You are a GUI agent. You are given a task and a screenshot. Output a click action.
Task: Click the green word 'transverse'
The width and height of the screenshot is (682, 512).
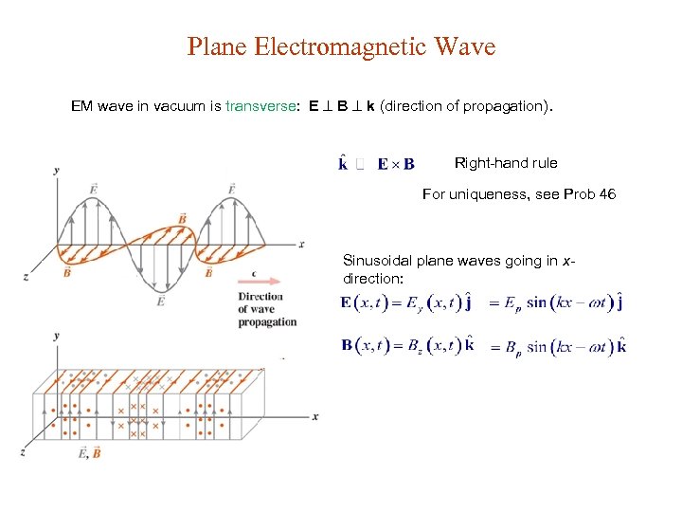tap(260, 107)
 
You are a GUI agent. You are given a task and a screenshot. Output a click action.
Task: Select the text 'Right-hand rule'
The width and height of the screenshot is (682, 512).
tap(506, 163)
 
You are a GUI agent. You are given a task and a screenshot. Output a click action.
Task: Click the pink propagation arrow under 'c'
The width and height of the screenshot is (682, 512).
tap(260, 282)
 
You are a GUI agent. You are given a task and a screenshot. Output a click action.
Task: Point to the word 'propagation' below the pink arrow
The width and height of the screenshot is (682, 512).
tap(267, 322)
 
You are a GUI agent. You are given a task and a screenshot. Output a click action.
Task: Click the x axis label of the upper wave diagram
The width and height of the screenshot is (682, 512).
tap(301, 244)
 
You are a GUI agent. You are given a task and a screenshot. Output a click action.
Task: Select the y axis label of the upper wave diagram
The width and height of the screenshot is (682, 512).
tap(57, 170)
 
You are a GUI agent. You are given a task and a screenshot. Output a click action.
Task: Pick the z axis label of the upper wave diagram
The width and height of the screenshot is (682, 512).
tap(26, 276)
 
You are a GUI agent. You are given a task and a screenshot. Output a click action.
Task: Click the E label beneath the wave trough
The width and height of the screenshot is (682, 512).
tap(161, 301)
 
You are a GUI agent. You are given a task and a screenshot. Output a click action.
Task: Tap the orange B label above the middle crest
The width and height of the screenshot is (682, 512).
tap(182, 219)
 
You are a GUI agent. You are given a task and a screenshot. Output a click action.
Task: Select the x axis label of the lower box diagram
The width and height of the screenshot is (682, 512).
tap(314, 416)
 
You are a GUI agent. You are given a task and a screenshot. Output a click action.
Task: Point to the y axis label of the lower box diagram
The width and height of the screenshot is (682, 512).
tap(57, 336)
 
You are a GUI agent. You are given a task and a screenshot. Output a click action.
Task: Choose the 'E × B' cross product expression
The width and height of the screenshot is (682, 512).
tap(395, 164)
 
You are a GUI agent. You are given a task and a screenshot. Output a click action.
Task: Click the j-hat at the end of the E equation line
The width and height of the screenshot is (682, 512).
tap(619, 302)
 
